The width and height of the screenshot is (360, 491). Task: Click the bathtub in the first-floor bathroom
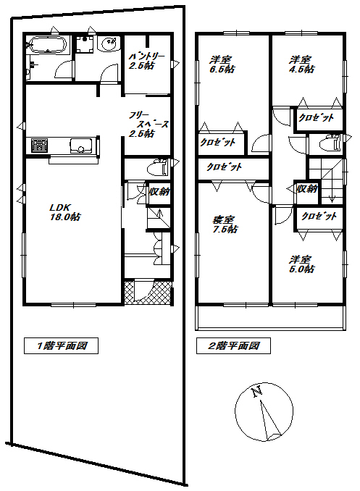[x=47, y=46]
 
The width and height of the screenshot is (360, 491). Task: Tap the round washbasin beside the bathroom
[x=109, y=43]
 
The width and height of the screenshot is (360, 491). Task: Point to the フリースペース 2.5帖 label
[x=148, y=124]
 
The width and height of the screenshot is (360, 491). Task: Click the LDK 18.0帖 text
[x=64, y=211]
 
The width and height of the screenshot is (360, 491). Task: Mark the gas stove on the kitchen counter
[x=38, y=146]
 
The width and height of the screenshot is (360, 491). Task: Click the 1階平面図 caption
[x=56, y=346]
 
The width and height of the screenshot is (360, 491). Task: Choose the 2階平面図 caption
[x=233, y=346]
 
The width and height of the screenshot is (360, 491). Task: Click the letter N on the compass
[x=256, y=393]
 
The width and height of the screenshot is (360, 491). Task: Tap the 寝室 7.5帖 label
[x=223, y=224]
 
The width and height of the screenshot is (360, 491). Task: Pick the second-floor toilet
[x=332, y=143]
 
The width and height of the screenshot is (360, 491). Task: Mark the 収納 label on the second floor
[x=306, y=188]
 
